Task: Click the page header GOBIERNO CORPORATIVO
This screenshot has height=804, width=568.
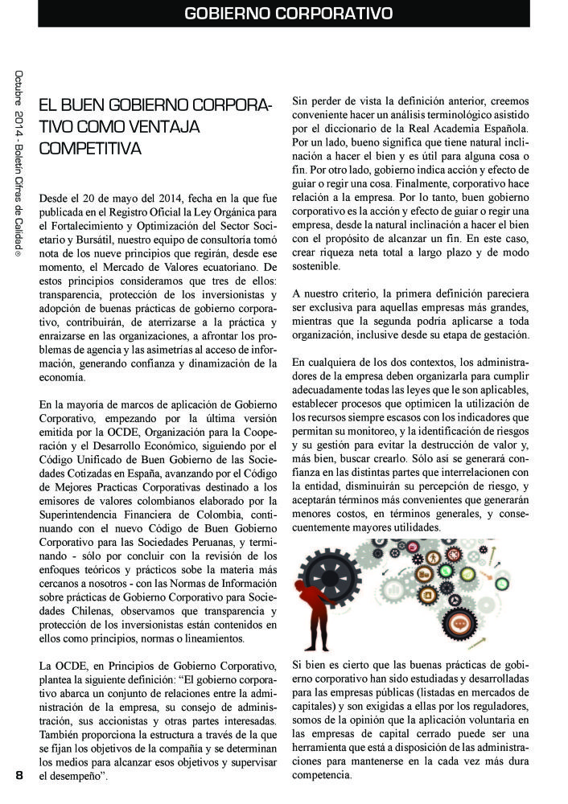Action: pos(288,14)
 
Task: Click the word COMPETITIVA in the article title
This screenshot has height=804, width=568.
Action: pos(90,149)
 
